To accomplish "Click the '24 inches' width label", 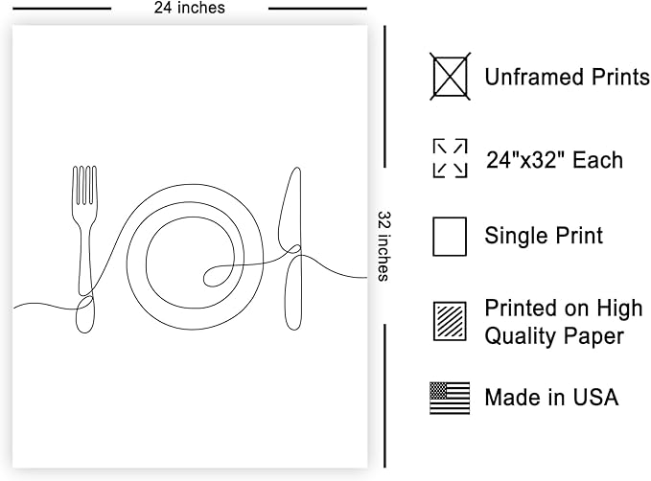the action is click(x=189, y=8).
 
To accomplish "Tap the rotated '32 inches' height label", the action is click(x=384, y=246).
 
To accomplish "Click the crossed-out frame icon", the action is click(x=450, y=77).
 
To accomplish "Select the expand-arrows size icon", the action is click(x=450, y=158).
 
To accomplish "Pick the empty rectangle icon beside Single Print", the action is click(x=450, y=236).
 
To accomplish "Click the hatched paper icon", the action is click(x=450, y=322).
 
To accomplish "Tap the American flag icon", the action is click(x=450, y=398).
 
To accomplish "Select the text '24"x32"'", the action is click(x=524, y=160).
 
